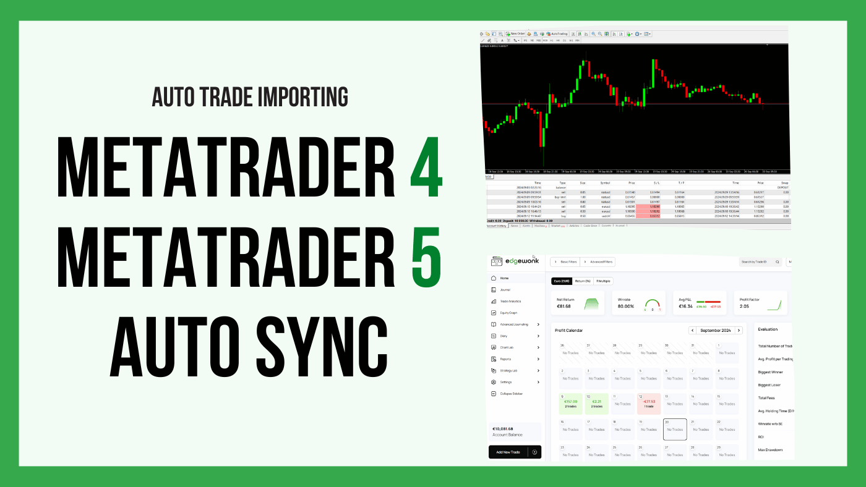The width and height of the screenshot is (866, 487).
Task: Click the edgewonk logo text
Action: point(523,261)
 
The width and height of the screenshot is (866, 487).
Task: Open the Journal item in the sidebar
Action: point(505,289)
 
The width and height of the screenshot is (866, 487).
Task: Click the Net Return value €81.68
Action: point(564,306)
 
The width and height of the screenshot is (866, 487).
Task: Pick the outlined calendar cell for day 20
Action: point(675,429)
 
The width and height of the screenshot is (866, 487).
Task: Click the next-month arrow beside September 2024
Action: point(739,331)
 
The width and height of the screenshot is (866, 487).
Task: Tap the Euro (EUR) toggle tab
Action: point(561,281)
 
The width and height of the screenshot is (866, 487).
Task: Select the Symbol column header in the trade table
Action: point(605,183)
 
